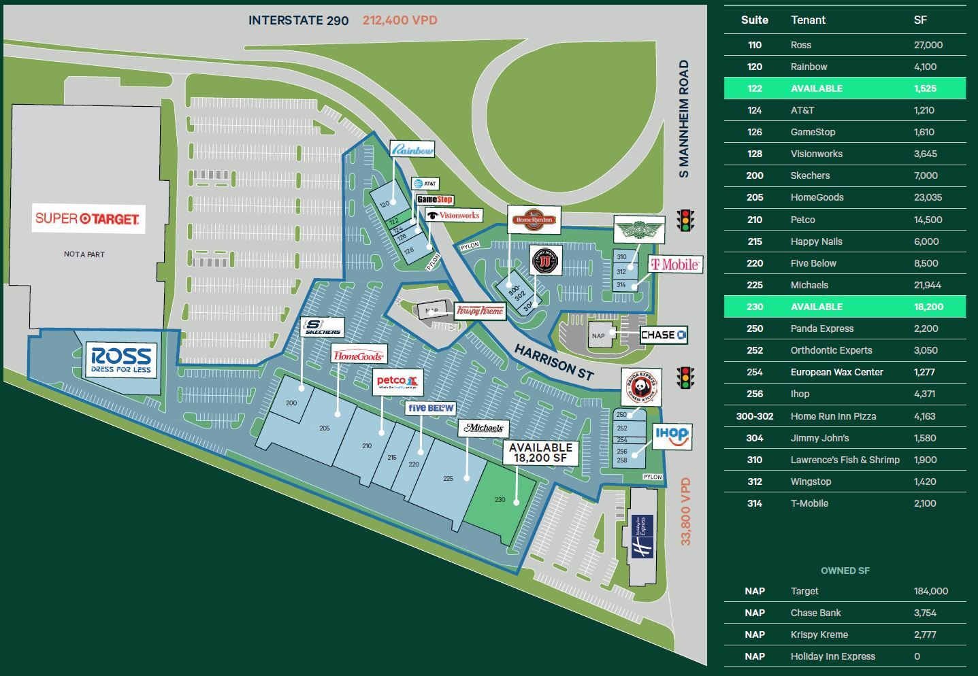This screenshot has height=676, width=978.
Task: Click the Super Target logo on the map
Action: (x=88, y=218)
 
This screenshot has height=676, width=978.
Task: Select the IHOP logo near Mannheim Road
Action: (x=672, y=436)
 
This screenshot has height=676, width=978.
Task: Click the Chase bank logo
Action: (x=664, y=335)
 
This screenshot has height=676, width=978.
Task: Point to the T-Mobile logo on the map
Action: (x=674, y=265)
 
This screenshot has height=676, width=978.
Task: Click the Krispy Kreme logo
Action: (x=480, y=311)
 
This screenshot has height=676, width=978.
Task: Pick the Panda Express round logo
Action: (x=640, y=388)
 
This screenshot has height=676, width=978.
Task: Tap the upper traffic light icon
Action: (x=686, y=220)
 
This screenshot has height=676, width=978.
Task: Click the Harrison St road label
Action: (x=554, y=361)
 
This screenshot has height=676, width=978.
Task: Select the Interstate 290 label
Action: (x=298, y=20)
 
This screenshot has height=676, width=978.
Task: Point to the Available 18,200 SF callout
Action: (x=540, y=453)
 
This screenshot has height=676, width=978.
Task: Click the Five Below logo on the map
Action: (x=431, y=408)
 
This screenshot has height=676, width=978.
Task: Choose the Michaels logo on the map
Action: (x=484, y=428)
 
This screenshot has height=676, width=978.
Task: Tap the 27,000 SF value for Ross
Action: (x=928, y=45)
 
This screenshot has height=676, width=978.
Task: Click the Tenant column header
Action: (x=808, y=20)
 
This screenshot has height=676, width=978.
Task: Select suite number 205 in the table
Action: (x=754, y=197)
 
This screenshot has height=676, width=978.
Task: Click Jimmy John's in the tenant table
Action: (x=819, y=438)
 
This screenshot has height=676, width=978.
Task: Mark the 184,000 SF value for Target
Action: (x=930, y=591)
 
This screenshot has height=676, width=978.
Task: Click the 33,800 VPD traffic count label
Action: (x=685, y=511)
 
